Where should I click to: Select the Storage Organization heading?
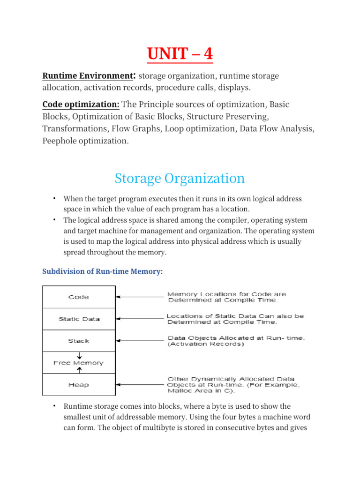click(180, 178)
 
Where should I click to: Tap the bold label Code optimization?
click(81, 104)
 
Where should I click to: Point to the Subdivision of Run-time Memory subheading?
click(103, 271)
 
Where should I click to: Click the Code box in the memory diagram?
click(79, 297)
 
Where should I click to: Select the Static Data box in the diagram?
click(79, 319)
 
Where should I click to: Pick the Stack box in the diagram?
click(79, 341)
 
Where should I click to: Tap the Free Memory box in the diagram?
click(79, 363)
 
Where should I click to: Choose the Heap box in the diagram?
click(79, 385)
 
